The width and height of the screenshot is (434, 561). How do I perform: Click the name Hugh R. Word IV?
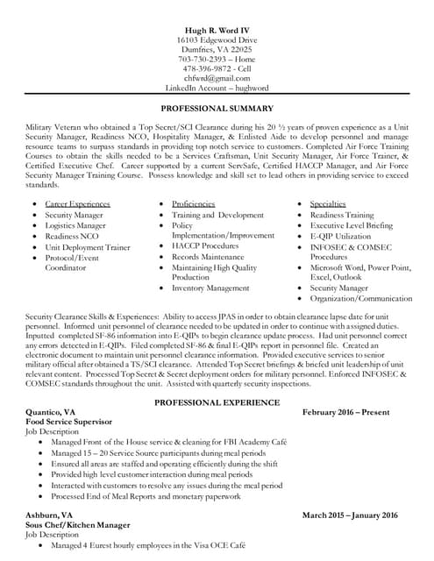(x=217, y=31)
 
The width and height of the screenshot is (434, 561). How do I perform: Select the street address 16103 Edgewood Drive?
(x=217, y=40)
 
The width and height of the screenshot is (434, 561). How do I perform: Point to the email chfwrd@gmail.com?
(x=217, y=79)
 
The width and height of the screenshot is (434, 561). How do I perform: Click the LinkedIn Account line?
(x=217, y=89)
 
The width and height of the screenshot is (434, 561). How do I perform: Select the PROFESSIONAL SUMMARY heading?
(x=217, y=109)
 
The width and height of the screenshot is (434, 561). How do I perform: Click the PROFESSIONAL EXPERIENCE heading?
(x=217, y=402)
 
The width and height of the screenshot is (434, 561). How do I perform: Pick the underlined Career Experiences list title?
(x=77, y=203)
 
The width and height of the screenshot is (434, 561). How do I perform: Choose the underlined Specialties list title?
(x=329, y=203)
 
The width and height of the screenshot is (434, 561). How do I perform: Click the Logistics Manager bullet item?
(x=75, y=225)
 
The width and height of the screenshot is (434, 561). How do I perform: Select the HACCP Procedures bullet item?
(x=205, y=246)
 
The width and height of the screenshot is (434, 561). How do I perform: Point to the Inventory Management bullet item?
(x=210, y=288)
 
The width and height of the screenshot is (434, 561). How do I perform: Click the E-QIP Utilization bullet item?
(x=341, y=236)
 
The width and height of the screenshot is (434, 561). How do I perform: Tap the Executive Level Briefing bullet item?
(x=351, y=225)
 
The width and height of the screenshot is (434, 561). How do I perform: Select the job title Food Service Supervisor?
(x=72, y=422)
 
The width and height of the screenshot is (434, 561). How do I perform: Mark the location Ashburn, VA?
(x=49, y=515)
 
